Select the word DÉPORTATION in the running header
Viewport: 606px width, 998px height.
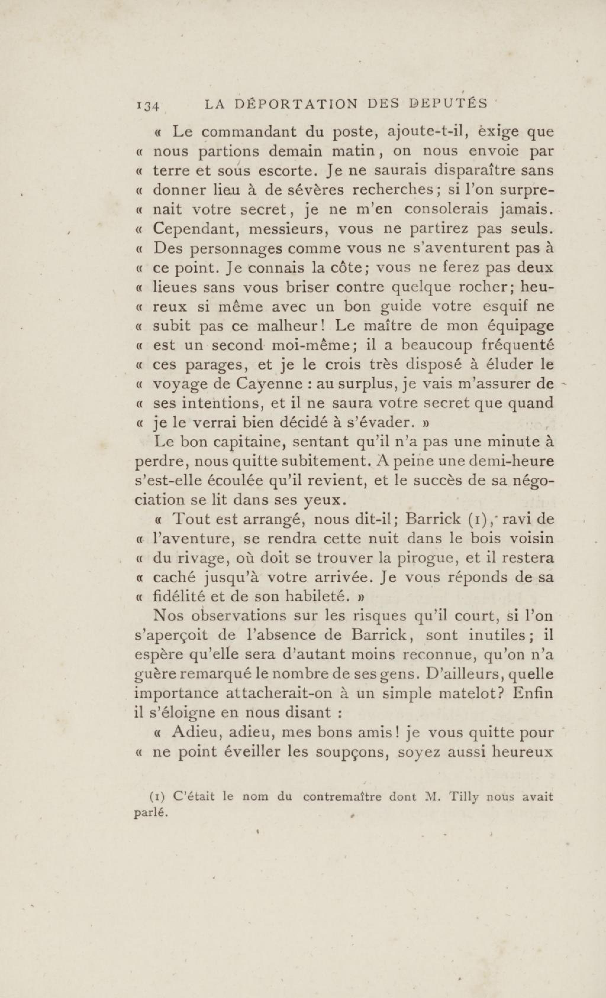[x=297, y=104]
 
